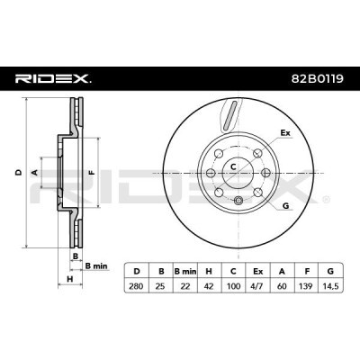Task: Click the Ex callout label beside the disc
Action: pos(286,133)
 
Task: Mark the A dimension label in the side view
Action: pos(34,171)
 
